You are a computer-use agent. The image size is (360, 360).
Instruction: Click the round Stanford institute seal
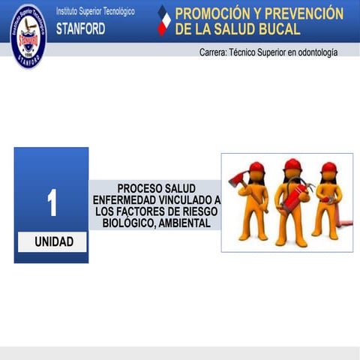pyautogui.click(x=28, y=35)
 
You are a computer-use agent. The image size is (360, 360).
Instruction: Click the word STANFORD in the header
pyautogui.click(x=80, y=29)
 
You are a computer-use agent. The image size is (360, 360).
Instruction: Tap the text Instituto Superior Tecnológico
pyautogui.click(x=95, y=12)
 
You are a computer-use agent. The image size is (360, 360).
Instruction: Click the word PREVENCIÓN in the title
pyautogui.click(x=304, y=14)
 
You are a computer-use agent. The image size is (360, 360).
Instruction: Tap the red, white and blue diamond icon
pyautogui.click(x=163, y=21)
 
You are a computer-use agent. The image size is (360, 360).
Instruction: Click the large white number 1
pyautogui.click(x=52, y=203)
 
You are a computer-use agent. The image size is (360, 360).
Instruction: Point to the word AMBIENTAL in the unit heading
pyautogui.click(x=184, y=223)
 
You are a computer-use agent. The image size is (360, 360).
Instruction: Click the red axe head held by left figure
pyautogui.click(x=234, y=178)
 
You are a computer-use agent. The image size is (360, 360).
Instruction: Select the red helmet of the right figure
pyautogui.click(x=328, y=168)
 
